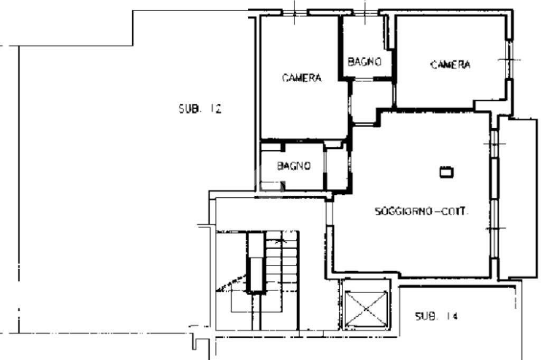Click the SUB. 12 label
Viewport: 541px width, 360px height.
click(200, 109)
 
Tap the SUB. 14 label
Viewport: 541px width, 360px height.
click(436, 316)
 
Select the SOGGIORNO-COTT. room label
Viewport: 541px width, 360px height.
click(421, 211)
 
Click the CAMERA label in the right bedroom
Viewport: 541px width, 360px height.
click(450, 64)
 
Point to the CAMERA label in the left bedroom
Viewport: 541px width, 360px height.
click(302, 78)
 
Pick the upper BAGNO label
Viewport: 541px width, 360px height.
click(365, 62)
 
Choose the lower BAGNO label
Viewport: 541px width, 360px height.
click(294, 166)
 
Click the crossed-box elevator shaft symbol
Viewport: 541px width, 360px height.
click(366, 308)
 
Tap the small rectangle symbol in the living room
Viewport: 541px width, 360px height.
click(446, 172)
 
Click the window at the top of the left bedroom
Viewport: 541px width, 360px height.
click(295, 13)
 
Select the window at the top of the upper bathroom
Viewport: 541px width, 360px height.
click(365, 13)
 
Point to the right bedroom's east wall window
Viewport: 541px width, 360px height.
click(509, 59)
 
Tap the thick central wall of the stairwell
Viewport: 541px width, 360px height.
click(256, 262)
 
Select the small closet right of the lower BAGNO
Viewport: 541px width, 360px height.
click(337, 168)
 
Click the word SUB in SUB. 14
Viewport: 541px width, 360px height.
click(426, 316)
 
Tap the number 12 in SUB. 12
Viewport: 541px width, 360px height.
click(216, 109)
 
